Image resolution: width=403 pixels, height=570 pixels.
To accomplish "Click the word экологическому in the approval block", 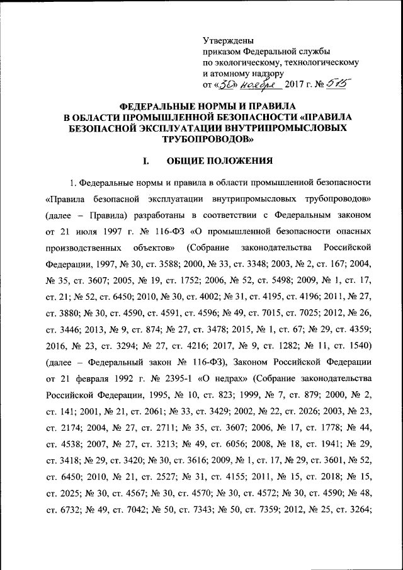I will [247, 62].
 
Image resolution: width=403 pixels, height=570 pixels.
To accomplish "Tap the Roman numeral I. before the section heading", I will [146, 161].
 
